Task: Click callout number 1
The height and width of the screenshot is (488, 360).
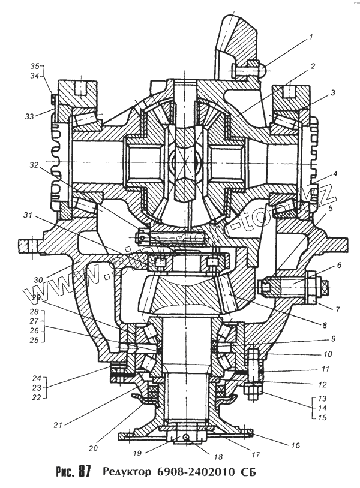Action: (x=311, y=38)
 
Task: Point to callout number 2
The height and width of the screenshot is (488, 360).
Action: (x=313, y=65)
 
